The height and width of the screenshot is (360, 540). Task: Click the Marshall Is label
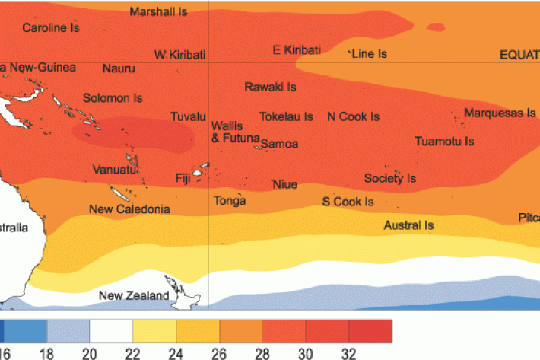coord(159,11)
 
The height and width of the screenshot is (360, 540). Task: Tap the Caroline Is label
coord(51,27)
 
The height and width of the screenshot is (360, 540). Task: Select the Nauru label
coord(119,68)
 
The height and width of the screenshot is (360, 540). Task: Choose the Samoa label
coord(279,143)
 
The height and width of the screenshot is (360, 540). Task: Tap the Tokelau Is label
coord(286,117)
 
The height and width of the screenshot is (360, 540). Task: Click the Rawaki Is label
coord(270,87)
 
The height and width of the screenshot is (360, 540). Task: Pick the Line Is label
coord(370,54)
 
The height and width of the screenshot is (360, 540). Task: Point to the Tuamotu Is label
coord(444,142)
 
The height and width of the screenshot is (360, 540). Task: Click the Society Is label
coord(390,178)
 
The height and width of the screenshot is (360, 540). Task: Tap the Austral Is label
coord(408,225)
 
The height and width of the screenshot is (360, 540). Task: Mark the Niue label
coord(284,185)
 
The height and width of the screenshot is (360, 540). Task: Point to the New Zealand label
coord(134,296)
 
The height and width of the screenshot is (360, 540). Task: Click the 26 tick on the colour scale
coord(220,353)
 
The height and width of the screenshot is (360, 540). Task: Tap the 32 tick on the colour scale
coord(349,353)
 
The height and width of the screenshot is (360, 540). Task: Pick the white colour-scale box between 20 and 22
coord(111,331)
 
